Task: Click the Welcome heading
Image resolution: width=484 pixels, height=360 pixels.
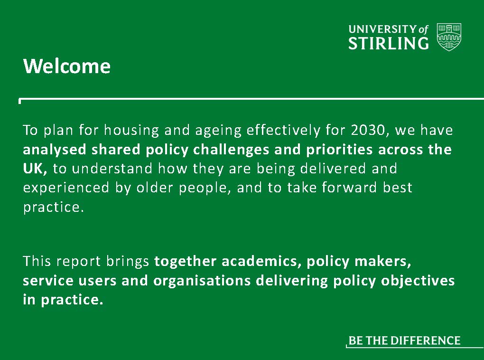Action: click(x=67, y=66)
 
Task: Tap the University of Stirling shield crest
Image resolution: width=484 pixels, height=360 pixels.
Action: click(x=449, y=37)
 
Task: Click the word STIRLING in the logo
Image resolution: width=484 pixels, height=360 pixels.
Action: click(x=388, y=43)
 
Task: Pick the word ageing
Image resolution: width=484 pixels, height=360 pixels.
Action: click(x=218, y=131)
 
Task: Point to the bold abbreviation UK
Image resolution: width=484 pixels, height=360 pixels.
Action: click(x=35, y=169)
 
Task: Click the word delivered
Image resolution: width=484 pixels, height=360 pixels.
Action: click(x=333, y=169)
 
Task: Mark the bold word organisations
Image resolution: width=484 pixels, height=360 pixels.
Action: click(x=202, y=281)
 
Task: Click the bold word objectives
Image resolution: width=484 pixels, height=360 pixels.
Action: click(x=418, y=281)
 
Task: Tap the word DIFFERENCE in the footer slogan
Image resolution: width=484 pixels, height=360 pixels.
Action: click(x=425, y=341)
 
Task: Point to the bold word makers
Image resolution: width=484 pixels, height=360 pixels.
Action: click(x=383, y=261)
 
